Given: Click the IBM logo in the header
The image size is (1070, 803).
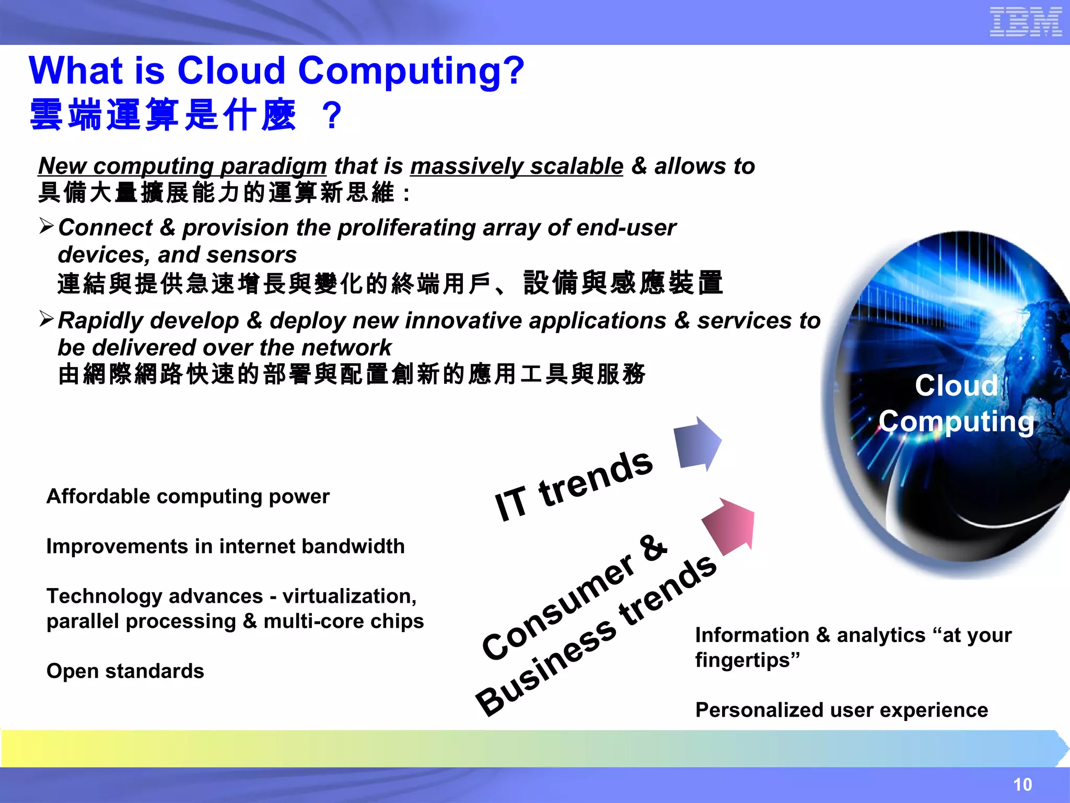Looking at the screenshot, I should pyautogui.click(x=1026, y=22).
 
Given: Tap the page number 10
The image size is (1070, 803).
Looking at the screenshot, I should pyautogui.click(x=1022, y=784).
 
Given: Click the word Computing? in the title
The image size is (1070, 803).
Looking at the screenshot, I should pyautogui.click(x=411, y=71).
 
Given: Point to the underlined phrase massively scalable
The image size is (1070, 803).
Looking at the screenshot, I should pyautogui.click(x=517, y=166).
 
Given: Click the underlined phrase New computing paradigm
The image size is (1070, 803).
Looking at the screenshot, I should pyautogui.click(x=182, y=166).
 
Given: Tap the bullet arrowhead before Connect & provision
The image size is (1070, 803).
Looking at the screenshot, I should pyautogui.click(x=46, y=226).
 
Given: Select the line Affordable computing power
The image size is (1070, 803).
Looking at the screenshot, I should pyautogui.click(x=188, y=496).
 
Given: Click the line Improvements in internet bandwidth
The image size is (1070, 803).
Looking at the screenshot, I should pyautogui.click(x=225, y=546).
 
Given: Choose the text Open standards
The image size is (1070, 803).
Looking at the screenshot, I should pyautogui.click(x=125, y=671).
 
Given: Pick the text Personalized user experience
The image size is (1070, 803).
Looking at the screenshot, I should pyautogui.click(x=842, y=710).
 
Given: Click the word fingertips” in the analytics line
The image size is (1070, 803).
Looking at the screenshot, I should pyautogui.click(x=747, y=660).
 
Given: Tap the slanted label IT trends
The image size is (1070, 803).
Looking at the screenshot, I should pyautogui.click(x=573, y=486).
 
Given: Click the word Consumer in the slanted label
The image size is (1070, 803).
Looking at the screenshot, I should pyautogui.click(x=559, y=606).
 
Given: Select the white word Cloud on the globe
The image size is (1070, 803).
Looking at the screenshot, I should pyautogui.click(x=956, y=386).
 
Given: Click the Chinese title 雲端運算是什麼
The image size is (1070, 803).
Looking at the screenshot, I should pyautogui.click(x=164, y=115).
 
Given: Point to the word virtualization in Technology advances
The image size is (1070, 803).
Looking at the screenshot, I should pyautogui.click(x=349, y=596).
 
